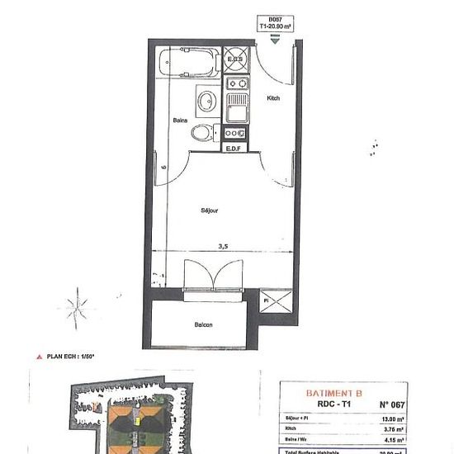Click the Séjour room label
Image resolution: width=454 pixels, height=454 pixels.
coord(210,211)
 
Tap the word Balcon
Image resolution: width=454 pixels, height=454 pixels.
coord(203,324)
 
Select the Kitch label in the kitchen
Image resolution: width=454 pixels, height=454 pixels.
coord(273,99)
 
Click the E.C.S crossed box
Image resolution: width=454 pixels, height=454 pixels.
coord(235,60)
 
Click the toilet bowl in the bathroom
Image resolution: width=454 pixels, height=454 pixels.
coord(201,132)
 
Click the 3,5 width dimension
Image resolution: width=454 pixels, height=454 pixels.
coord(221,246)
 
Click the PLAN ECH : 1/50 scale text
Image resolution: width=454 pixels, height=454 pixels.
coord(69,357)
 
